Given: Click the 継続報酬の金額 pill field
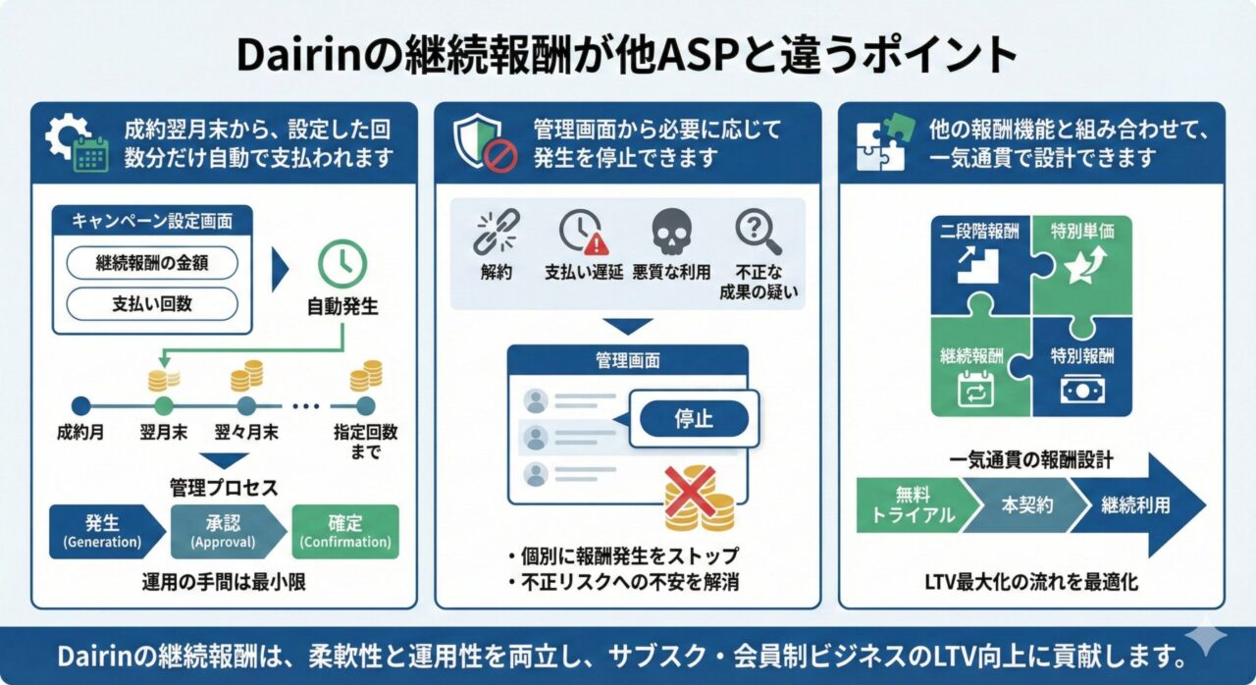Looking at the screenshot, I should tap(152, 262).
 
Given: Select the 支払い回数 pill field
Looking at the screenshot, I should tap(152, 304).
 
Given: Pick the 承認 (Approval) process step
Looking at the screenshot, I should tap(223, 531).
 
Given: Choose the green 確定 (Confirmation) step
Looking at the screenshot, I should tap(345, 531).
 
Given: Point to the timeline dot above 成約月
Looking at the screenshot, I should tap(81, 405).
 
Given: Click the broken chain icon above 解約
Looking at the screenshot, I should tap(496, 233).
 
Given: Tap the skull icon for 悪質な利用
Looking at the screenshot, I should tap(671, 233).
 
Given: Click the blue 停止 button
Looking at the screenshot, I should tap(694, 419).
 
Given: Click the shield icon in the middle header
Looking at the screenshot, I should tap(481, 142).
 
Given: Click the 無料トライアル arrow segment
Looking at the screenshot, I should tap(914, 505).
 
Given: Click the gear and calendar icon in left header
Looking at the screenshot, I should tap(77, 143).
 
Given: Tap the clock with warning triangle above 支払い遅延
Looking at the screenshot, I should tap(584, 233).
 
